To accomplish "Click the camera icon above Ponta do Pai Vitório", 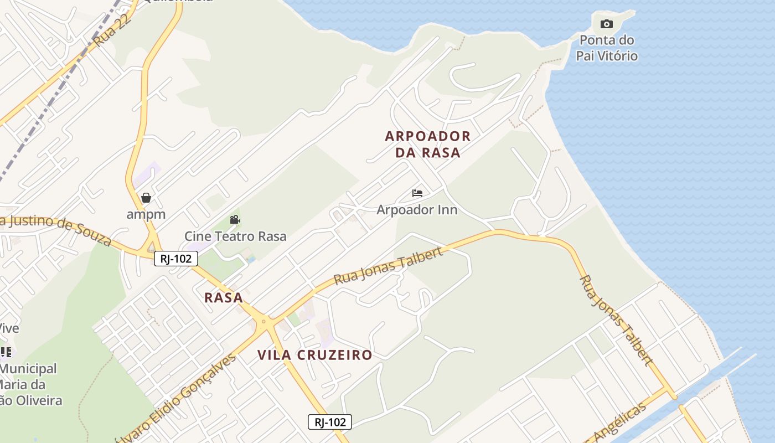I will coord(607,24).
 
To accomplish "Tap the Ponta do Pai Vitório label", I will coord(607,48).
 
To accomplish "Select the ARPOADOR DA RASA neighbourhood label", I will coord(428,144).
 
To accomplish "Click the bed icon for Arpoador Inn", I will coord(417,193).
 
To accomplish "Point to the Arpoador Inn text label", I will coord(417,210).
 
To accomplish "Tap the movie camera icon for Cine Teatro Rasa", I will coord(235,220).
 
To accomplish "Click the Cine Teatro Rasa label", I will coord(235,236).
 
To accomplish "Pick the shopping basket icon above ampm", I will coord(146,198).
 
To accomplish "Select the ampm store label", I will coord(146,214).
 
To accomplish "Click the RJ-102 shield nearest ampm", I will coord(176,258).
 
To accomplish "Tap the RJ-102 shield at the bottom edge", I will coord(330,422).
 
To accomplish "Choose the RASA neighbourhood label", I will coord(224,298).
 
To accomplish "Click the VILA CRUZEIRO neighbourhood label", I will coord(315,356).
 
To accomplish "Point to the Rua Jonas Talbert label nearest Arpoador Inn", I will coord(389,267).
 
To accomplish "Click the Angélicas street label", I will coord(623,423).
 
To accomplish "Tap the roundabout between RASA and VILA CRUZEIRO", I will coord(264,321).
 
